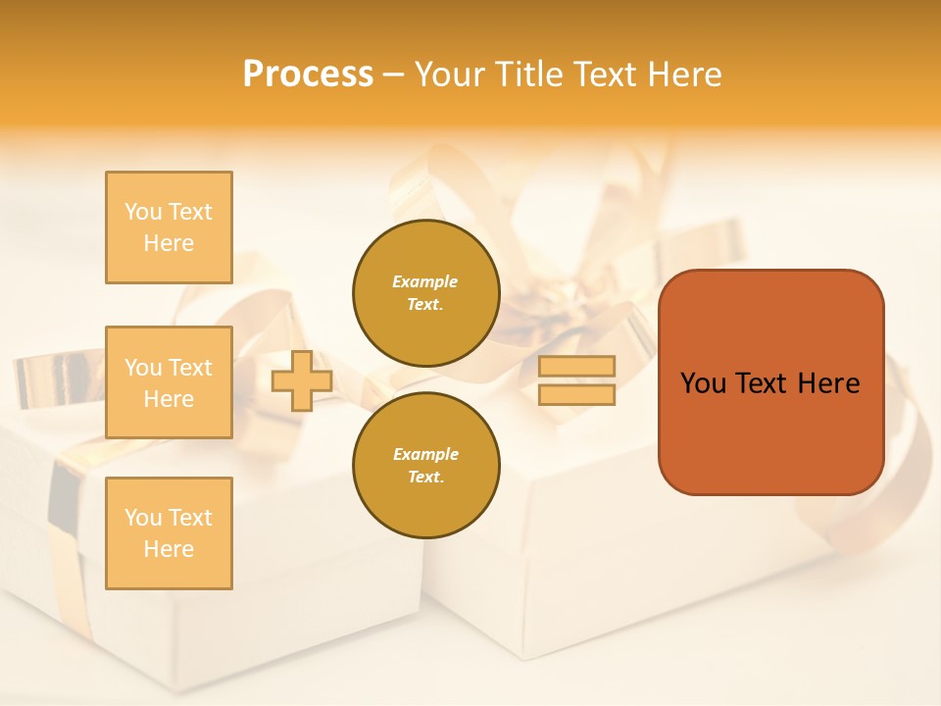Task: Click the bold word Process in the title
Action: tap(308, 75)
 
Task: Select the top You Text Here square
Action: tap(169, 227)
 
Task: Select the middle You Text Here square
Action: tap(169, 382)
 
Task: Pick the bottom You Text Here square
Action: tap(169, 532)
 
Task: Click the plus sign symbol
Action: tap(301, 380)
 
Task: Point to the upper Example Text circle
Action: tap(425, 293)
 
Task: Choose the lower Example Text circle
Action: tap(425, 466)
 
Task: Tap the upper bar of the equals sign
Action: tap(577, 366)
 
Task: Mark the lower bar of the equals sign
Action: tap(577, 395)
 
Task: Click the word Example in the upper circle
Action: tap(425, 281)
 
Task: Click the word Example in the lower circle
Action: tap(425, 454)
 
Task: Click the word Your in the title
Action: tap(449, 75)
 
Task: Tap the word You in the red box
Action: tap(703, 383)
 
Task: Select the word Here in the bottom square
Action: tap(169, 549)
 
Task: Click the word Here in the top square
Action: tap(169, 243)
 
